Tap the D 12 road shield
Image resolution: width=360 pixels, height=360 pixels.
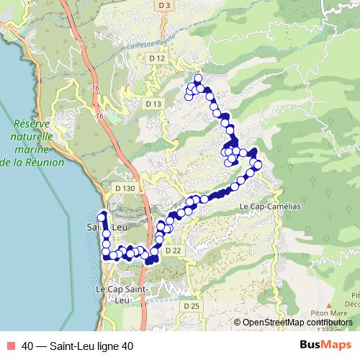pos(156,58)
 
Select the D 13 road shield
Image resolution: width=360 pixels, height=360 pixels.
pos(153,104)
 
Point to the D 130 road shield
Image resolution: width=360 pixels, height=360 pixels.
pos(125,188)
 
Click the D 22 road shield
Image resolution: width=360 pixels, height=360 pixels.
pos(172,251)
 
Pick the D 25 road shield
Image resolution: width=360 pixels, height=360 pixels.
pos(191,306)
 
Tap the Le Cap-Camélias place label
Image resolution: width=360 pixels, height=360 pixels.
pos(269,206)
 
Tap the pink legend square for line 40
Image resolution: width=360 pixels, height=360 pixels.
pos(9,346)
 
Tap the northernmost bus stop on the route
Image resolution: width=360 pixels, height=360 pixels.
pos(198,78)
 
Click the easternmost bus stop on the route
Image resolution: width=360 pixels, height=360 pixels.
pos(258,167)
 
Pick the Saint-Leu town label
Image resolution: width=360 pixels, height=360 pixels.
pos(106,228)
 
